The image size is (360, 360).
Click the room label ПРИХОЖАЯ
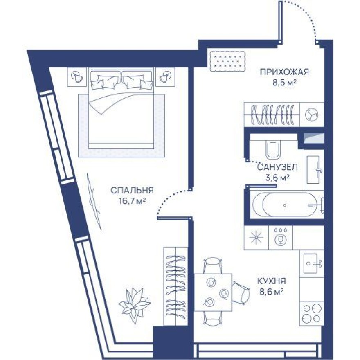coord(284,72)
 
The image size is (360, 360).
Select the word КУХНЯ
coord(271,281)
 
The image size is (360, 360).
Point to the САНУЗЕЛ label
coord(277,167)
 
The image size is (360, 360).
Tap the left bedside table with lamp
coord(76,76)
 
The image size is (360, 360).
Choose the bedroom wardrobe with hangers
coord(175,286)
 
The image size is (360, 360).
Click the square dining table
coord(213,292)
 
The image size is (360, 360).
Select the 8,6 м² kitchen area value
coord(271,292)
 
